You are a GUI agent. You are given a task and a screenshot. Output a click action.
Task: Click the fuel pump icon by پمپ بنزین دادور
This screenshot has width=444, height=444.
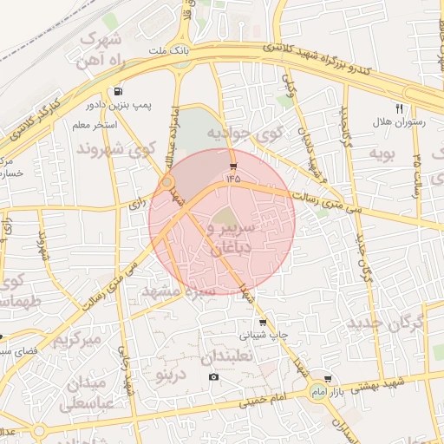[117, 91]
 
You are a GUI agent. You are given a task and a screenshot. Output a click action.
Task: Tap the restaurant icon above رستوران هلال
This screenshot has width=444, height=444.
[399, 108]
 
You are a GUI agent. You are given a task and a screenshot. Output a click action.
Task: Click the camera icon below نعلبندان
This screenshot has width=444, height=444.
[214, 376]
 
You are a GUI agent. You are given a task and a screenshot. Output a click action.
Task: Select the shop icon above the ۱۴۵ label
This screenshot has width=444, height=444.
[232, 165]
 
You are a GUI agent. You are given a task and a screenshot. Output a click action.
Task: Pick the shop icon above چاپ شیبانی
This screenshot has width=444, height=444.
[263, 322]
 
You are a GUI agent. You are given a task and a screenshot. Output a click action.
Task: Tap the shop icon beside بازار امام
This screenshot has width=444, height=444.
[328, 380]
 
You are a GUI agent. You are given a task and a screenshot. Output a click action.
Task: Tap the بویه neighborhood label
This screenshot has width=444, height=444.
[382, 153]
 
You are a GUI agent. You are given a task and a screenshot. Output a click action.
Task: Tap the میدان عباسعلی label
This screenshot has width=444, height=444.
[83, 393]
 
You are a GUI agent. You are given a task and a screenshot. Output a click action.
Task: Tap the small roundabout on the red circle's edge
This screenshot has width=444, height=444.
[166, 184]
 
